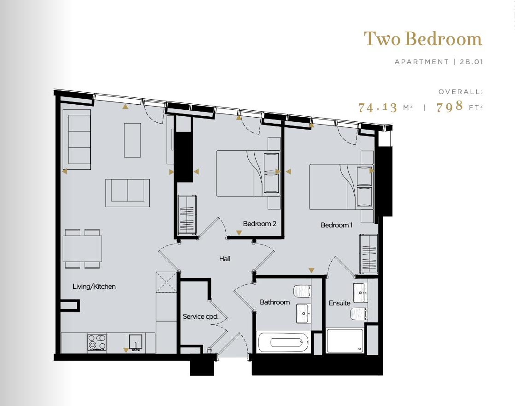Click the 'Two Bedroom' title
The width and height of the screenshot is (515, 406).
click(422, 39)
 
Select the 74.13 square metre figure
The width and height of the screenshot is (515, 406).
click(378, 107)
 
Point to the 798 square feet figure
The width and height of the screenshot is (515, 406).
click(450, 107)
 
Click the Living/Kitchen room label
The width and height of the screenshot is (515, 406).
click(94, 287)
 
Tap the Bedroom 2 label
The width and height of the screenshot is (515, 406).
click(259, 224)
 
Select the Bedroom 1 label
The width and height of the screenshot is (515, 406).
click(336, 225)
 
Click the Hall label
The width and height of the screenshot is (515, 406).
click(224, 259)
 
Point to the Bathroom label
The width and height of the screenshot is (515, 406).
click(275, 302)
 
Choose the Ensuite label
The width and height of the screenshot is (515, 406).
click(339, 303)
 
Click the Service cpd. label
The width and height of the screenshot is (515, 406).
click(200, 316)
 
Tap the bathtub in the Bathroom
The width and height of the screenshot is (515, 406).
click(282, 342)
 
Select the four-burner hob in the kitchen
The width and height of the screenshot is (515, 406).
click(97, 342)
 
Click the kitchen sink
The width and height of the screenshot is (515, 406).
click(136, 342)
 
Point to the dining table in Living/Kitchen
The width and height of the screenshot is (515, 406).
click(82, 249)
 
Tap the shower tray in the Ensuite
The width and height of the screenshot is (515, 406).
click(345, 341)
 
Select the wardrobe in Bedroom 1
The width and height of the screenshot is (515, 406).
click(369, 252)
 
